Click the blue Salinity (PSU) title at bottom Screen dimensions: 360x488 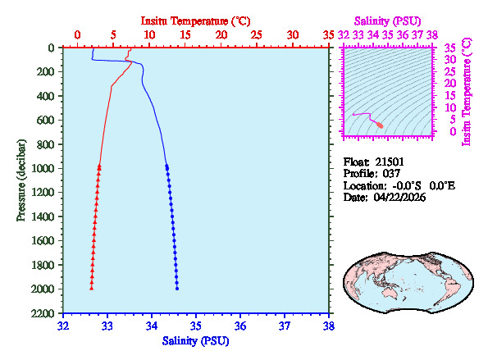coord(195,340)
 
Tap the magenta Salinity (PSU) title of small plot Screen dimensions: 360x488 coord(388,19)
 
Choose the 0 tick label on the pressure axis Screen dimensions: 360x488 coord(51,48)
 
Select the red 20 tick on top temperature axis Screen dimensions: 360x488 coord(221,34)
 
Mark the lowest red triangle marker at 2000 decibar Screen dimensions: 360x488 coord(91,288)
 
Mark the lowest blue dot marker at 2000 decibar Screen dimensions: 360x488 coord(177,288)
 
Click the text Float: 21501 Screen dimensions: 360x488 coord(373,162)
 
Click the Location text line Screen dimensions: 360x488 coord(398,186)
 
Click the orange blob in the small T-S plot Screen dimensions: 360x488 coord(380,125)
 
